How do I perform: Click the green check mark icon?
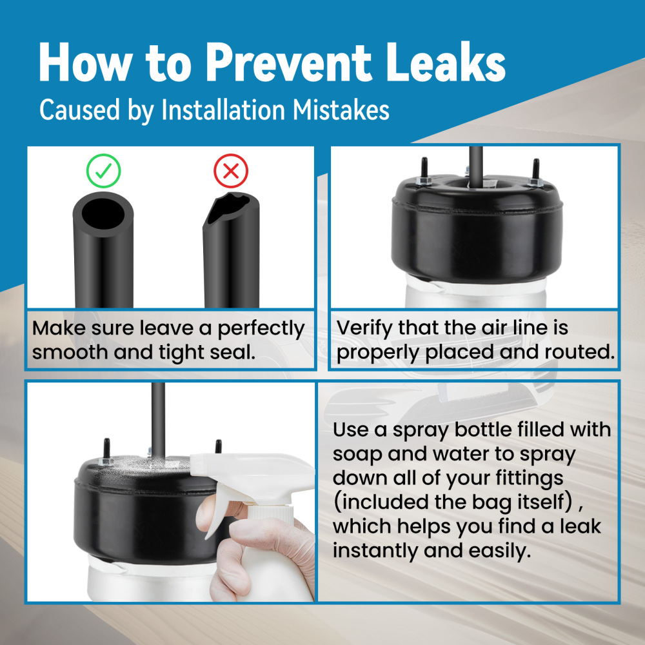103,171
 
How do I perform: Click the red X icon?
231,171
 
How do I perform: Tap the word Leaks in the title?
446,62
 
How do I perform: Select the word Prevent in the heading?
289,62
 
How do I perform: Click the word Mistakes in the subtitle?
341,110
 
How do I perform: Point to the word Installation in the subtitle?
223,110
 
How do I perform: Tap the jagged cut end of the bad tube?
230,208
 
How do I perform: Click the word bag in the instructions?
489,502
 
